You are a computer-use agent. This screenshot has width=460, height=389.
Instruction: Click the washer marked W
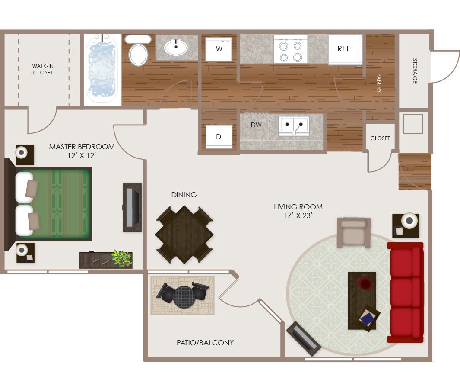pyautogui.click(x=219, y=49)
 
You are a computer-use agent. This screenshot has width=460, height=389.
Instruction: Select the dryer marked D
pyautogui.click(x=219, y=137)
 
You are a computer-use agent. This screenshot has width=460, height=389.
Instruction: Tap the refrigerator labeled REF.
pyautogui.click(x=344, y=49)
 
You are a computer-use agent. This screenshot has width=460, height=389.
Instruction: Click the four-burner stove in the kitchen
pyautogui.click(x=291, y=51)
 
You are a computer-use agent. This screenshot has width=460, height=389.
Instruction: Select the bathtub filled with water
pyautogui.click(x=102, y=69)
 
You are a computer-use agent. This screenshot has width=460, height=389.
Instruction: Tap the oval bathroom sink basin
pyautogui.click(x=176, y=47)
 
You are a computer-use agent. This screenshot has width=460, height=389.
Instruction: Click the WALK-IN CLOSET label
pyautogui.click(x=43, y=69)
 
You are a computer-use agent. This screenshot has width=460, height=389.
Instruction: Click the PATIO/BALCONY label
pyautogui.click(x=205, y=343)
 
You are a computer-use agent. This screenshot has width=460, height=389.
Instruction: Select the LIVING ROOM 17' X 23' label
pyautogui.click(x=298, y=211)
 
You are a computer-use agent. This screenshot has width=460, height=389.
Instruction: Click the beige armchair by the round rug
pyautogui.click(x=353, y=232)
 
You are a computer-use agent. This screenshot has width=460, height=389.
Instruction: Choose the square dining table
pyautogui.click(x=184, y=235)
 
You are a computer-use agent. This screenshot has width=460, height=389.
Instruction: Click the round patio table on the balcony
pyautogui.click(x=184, y=296)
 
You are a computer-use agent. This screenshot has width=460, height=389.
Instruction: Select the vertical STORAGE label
pyautogui.click(x=415, y=71)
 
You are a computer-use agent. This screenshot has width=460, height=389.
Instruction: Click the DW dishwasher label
pyautogui.click(x=256, y=125)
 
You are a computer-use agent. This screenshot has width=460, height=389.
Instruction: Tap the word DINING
pyautogui.click(x=184, y=195)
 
